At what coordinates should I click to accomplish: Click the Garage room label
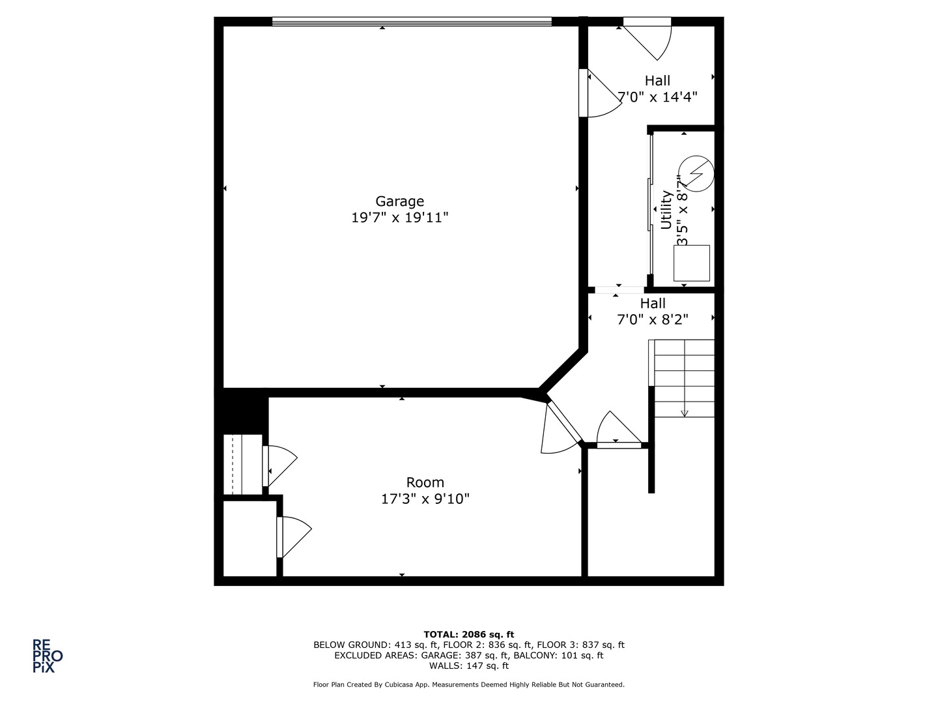click(399, 201)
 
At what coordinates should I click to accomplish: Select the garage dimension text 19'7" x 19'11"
click(399, 218)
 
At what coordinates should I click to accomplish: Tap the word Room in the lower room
click(425, 482)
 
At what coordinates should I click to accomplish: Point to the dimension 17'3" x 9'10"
click(425, 499)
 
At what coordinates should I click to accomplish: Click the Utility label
click(666, 210)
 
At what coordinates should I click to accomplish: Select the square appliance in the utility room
click(691, 263)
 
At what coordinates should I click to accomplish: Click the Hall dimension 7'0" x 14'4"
click(657, 97)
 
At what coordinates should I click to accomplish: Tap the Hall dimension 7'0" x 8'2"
click(652, 319)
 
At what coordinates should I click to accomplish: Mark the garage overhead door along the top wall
click(412, 22)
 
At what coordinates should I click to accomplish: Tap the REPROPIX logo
click(48, 656)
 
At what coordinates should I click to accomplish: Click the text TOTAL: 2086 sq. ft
click(468, 634)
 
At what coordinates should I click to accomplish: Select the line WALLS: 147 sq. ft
click(468, 666)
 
